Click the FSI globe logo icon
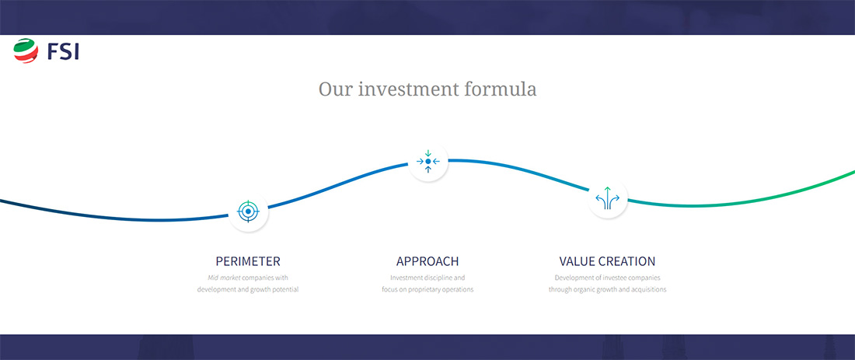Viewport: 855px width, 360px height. (x=26, y=51)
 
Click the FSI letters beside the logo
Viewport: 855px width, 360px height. (x=63, y=52)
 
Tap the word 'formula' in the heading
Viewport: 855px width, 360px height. (x=500, y=89)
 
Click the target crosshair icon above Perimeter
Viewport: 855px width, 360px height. (x=248, y=211)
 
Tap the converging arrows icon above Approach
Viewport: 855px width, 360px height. (x=428, y=162)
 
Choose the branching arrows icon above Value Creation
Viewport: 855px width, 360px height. (x=608, y=198)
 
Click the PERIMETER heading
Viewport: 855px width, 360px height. (x=248, y=261)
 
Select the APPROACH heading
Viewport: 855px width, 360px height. (x=427, y=261)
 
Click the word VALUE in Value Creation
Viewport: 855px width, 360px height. (x=577, y=261)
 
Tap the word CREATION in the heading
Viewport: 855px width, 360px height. (x=627, y=261)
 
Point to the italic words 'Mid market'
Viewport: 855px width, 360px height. (x=224, y=278)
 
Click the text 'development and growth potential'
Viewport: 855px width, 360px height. (x=248, y=290)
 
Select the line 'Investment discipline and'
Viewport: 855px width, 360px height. (x=427, y=278)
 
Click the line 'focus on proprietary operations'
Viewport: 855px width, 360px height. (x=427, y=290)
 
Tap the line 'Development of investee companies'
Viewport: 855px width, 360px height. (x=608, y=278)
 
